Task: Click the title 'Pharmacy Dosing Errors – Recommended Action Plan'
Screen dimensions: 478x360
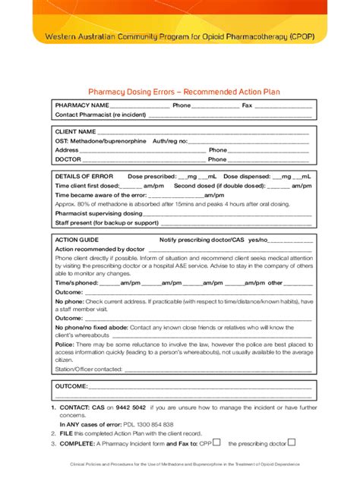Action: (185, 90)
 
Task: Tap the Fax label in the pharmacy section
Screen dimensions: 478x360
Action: (247, 105)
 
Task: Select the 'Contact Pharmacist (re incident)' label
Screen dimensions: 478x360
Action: (101, 115)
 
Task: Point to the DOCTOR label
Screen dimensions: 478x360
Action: (68, 159)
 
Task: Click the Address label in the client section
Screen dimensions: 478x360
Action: (67, 150)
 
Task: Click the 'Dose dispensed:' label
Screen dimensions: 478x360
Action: (245, 176)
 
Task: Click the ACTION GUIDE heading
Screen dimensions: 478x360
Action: (77, 240)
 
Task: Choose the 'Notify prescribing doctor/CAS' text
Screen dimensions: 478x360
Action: (202, 240)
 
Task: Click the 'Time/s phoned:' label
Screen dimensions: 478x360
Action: (77, 282)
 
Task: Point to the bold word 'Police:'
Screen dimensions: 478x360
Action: (65, 344)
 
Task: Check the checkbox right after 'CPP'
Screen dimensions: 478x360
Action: (217, 442)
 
